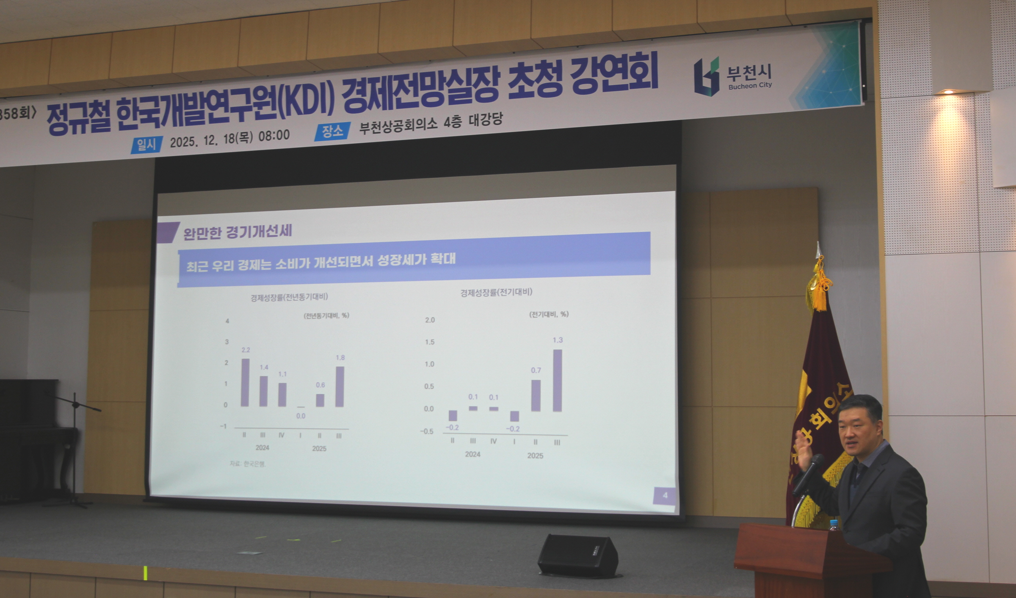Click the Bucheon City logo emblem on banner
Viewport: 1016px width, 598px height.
[x=706, y=77]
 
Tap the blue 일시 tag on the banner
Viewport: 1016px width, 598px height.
[x=147, y=144]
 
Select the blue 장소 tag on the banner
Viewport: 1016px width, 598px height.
[x=332, y=131]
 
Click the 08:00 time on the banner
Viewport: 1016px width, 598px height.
[x=274, y=135]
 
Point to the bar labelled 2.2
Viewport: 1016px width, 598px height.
[x=245, y=382]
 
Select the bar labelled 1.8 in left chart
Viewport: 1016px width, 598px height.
[x=339, y=386]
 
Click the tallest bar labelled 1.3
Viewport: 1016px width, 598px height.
[x=557, y=380]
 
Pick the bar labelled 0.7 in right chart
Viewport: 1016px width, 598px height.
[x=535, y=395]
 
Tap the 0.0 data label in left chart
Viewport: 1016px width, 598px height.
[x=301, y=416]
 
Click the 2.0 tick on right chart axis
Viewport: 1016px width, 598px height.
[x=430, y=320]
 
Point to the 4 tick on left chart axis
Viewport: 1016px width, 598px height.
[x=227, y=321]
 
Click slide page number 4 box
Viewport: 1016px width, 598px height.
[x=665, y=495]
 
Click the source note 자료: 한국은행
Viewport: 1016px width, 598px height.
[x=248, y=464]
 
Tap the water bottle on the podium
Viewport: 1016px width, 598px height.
[x=834, y=525]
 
